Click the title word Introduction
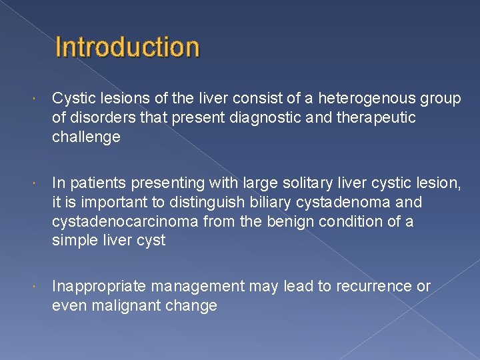(127, 47)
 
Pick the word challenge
(86, 137)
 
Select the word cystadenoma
(360, 202)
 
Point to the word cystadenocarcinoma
(119, 221)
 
